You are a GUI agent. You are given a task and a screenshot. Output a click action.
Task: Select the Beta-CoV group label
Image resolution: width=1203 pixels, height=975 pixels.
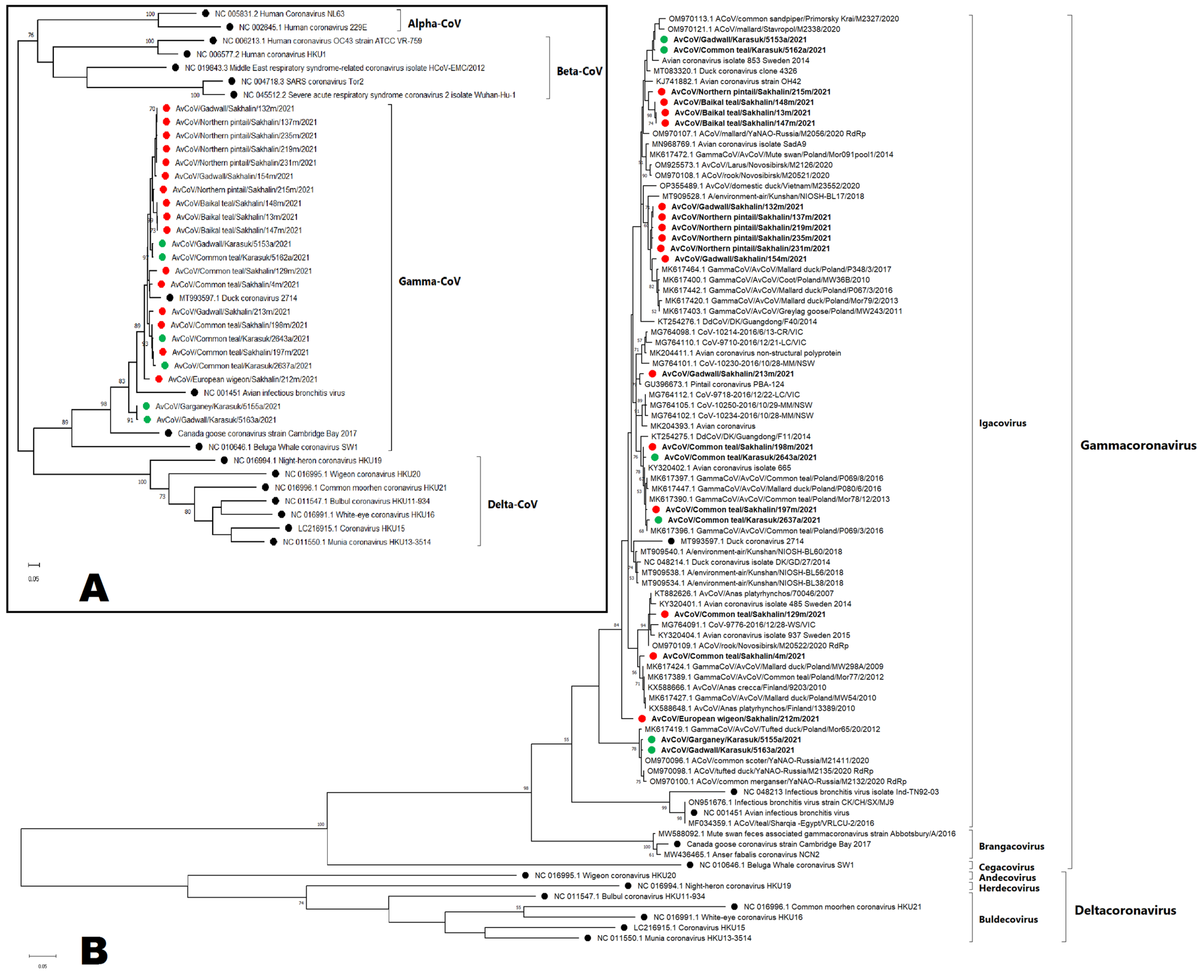click(579, 71)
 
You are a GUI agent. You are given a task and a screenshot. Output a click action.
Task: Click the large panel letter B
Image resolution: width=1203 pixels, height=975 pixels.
click(94, 950)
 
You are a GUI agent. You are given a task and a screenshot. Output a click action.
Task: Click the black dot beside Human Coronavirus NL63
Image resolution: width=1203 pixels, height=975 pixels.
click(206, 13)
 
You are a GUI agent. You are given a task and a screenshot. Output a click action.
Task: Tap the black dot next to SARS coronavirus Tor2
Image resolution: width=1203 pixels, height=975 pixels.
click(231, 81)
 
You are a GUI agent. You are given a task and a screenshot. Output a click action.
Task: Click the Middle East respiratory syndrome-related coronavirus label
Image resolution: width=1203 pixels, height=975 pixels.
click(335, 68)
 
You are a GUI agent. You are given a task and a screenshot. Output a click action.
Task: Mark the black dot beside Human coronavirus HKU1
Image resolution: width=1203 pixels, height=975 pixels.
click(187, 54)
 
